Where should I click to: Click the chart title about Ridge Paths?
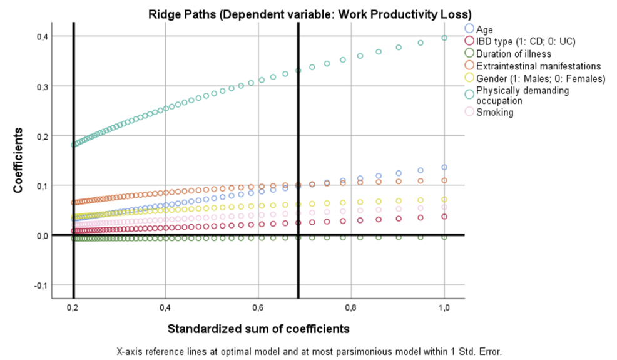(x=309, y=13)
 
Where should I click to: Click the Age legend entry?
(x=484, y=29)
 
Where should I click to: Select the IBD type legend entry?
(x=525, y=41)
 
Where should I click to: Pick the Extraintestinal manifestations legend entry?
(x=538, y=66)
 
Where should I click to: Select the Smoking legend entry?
(x=494, y=113)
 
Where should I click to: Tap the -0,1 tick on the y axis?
(x=39, y=285)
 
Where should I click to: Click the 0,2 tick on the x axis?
(x=73, y=309)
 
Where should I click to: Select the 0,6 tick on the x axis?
(x=258, y=309)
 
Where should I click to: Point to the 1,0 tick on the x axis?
(x=444, y=309)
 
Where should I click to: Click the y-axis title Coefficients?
(x=19, y=161)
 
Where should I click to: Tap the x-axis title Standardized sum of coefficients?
(x=258, y=328)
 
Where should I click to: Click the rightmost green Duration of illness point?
(x=444, y=237)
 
